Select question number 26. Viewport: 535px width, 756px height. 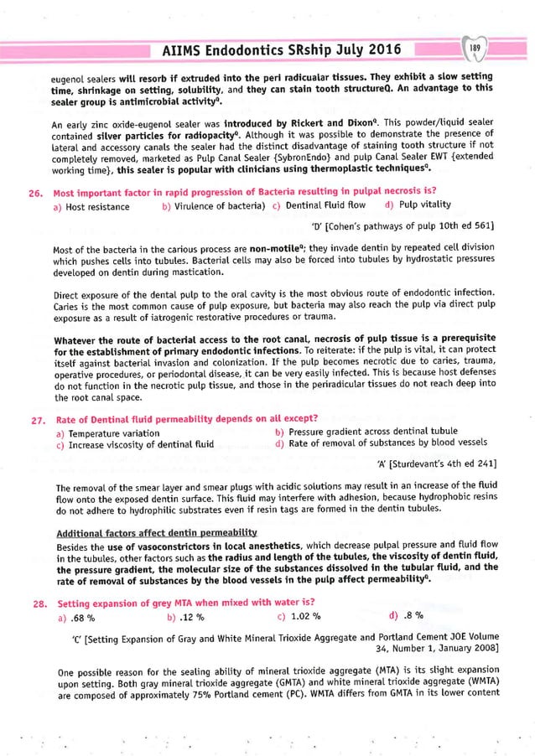click(x=36, y=192)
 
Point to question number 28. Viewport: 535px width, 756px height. click(x=36, y=603)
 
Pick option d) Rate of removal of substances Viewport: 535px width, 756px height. click(x=380, y=444)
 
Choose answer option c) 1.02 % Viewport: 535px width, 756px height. click(x=299, y=618)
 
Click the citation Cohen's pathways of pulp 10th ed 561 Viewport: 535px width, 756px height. click(x=402, y=226)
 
